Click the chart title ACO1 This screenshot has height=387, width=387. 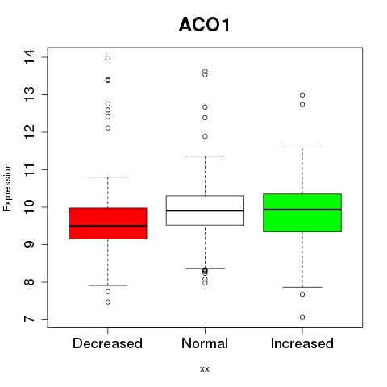point(204,25)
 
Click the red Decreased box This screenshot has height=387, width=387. point(108,223)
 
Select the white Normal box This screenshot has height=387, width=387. point(205,210)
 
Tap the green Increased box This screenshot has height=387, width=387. point(302,213)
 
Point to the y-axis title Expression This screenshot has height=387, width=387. point(7,187)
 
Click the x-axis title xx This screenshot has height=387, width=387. point(205,368)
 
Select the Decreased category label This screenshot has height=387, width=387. point(107,343)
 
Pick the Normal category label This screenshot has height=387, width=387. point(205,343)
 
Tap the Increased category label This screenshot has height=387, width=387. point(302,343)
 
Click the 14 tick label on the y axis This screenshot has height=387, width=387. point(29,56)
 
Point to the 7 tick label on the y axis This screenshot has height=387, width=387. point(29,319)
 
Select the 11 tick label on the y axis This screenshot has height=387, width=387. point(29,169)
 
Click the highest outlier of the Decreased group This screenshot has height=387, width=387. point(108,58)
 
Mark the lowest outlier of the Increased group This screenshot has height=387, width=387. point(302,318)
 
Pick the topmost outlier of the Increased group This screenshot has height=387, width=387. point(302,95)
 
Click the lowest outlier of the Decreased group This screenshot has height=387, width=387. point(108,302)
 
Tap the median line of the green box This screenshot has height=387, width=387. point(302,210)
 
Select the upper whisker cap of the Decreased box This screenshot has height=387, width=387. point(108,177)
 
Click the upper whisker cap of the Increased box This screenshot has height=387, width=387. point(302,148)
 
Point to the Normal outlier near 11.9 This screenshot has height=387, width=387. point(205,136)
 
